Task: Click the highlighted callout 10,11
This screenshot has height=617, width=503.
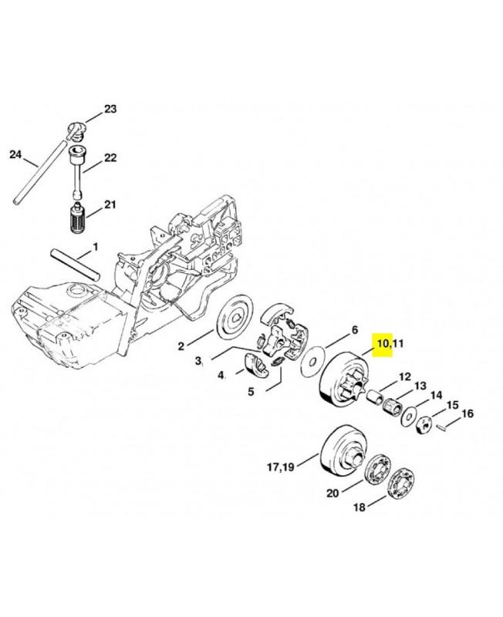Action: (x=390, y=343)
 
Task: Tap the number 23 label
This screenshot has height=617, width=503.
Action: (x=110, y=109)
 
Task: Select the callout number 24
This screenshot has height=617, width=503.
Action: (x=15, y=155)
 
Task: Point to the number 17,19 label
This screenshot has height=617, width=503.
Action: (x=281, y=467)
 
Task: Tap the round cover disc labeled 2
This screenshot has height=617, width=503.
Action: (x=236, y=319)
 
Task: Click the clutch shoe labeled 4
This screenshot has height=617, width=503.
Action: (x=256, y=366)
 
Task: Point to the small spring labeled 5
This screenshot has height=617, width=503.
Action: (x=277, y=361)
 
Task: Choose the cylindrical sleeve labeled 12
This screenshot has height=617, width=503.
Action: (x=376, y=397)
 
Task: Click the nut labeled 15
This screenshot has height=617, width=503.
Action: (x=424, y=425)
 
